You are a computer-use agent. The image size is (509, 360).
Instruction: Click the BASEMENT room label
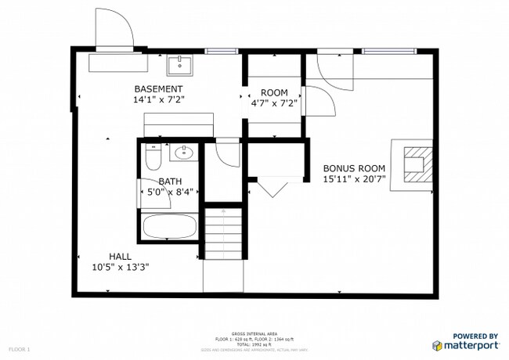coord(158,89)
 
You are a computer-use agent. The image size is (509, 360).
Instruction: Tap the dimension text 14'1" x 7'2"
coord(158,100)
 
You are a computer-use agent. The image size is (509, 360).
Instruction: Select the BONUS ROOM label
coord(354,168)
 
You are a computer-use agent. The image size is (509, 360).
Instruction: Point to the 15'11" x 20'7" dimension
coord(354,179)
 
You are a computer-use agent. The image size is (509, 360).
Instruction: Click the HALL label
coord(120,256)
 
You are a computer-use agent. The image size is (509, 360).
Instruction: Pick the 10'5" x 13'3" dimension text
coord(120,267)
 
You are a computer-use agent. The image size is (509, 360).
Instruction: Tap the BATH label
coord(170,182)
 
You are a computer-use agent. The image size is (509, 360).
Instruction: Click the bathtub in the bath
coord(169,228)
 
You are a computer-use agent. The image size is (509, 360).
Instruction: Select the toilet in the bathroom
coord(153,159)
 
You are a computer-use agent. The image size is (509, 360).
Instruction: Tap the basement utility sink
coord(179,63)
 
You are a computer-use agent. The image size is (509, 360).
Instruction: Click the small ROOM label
coord(274,92)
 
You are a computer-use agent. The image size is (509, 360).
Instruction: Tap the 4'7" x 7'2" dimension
coord(274,103)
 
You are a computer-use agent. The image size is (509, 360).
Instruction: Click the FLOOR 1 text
coord(19,348)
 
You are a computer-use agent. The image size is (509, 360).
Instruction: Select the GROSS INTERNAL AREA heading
coord(254,333)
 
